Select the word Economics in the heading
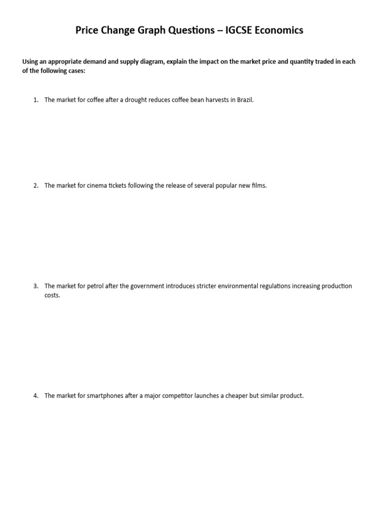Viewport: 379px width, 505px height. pyautogui.click(x=279, y=31)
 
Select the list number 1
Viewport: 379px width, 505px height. pyautogui.click(x=36, y=100)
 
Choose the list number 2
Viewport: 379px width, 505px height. pyautogui.click(x=36, y=186)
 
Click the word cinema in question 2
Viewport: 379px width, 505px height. pyautogui.click(x=99, y=186)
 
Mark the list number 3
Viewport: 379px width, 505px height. pyautogui.click(x=36, y=286)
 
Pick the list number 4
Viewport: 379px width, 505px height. pyautogui.click(x=36, y=396)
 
